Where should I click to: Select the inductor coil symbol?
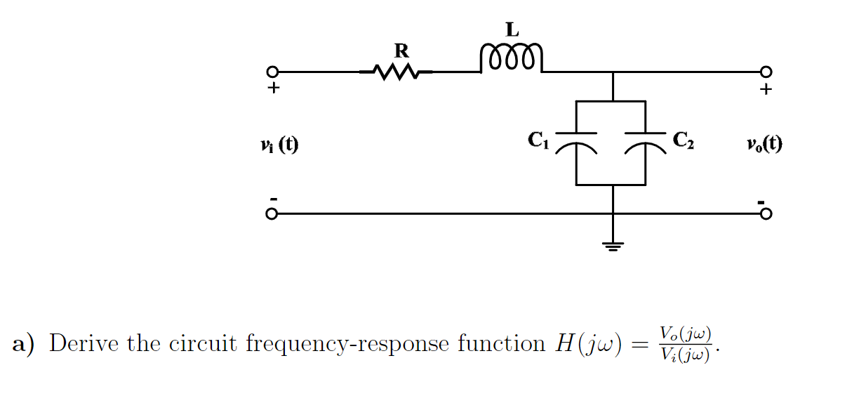[511, 59]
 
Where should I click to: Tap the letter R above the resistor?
[401, 51]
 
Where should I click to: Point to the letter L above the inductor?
[512, 29]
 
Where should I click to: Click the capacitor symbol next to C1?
[576, 141]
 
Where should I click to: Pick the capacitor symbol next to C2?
[645, 141]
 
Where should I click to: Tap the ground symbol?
[613, 245]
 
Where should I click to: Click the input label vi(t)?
[278, 145]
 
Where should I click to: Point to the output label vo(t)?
[764, 145]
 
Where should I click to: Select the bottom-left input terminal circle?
[272, 214]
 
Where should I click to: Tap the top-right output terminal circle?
[766, 72]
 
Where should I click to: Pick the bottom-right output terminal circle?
[766, 214]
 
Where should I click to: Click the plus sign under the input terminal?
[273, 89]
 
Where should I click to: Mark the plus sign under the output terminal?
[766, 90]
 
